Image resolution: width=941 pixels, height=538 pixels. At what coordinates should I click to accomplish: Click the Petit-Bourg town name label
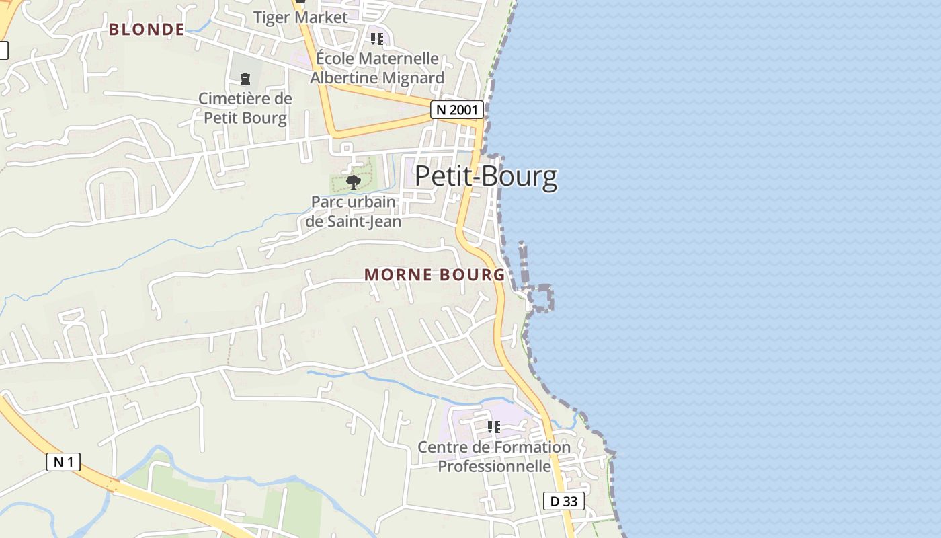point(486,176)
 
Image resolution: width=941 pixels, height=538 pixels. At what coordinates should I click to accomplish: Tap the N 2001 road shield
point(457,110)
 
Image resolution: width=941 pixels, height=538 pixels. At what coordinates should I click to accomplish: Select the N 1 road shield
point(63,462)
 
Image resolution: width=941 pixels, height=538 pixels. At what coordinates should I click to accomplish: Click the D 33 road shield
point(563,501)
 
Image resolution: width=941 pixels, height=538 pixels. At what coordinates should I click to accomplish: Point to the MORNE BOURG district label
point(434,274)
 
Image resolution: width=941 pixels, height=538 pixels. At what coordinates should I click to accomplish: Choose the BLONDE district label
point(147,29)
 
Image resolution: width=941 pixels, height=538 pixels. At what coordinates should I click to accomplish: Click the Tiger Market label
point(300,17)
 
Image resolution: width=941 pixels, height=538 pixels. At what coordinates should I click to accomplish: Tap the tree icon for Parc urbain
point(353,181)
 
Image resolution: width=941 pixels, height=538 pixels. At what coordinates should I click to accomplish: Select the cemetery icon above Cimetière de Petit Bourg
point(245,79)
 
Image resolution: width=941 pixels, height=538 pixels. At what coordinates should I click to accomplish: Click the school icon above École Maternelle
point(377,39)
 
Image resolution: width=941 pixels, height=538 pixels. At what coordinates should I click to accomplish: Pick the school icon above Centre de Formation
point(494,426)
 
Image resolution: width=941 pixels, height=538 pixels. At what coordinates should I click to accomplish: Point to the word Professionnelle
point(495,466)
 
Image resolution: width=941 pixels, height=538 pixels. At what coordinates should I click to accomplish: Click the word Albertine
point(343,78)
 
